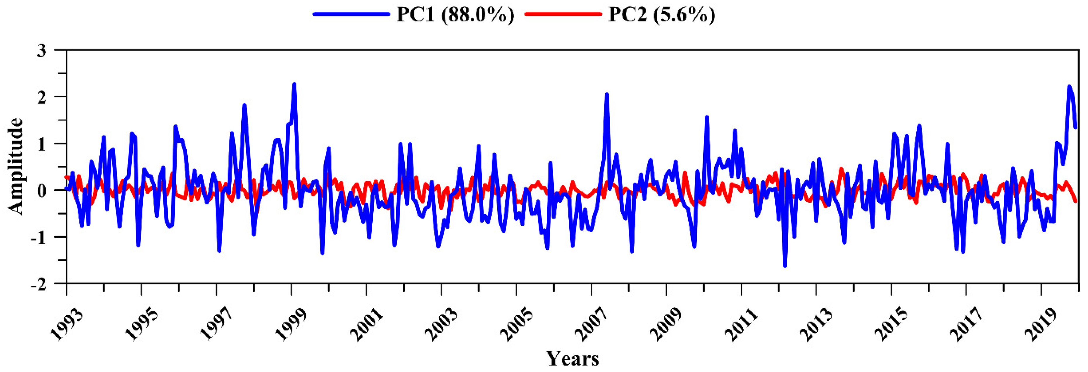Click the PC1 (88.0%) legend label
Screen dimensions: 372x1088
pos(455,15)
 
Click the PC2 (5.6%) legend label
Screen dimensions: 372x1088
pos(662,15)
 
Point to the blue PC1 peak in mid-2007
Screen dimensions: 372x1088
pos(606,94)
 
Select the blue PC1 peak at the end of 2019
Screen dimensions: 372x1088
pos(1069,87)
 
